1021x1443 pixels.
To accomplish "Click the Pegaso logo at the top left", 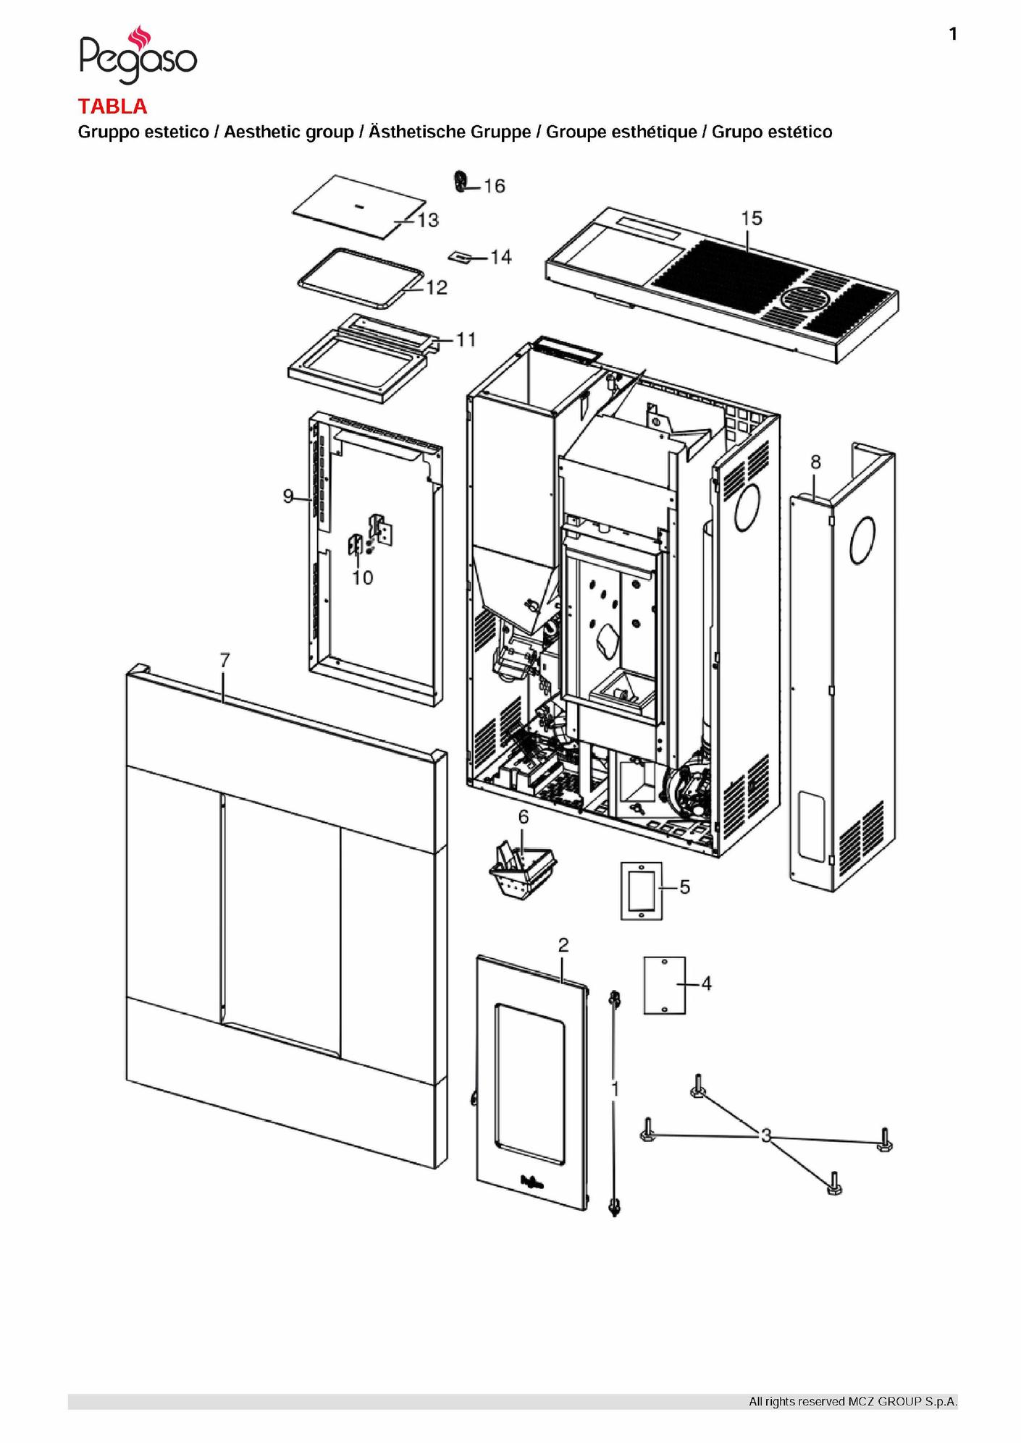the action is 138,54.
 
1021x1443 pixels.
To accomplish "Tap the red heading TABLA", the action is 112,106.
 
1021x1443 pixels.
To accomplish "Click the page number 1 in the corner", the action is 953,34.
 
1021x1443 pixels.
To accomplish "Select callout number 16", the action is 495,186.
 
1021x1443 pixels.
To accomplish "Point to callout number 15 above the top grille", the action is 752,218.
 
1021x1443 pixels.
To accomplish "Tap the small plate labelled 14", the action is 460,255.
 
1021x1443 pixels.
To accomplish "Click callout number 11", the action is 466,339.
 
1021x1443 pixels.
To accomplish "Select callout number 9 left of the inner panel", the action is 288,496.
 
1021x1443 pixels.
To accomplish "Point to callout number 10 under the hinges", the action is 363,577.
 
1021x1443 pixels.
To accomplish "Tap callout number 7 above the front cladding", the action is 225,660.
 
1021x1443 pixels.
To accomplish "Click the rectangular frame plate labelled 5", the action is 642,891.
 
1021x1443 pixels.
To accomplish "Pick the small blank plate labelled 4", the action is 665,985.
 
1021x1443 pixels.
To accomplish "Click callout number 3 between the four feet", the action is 766,1135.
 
